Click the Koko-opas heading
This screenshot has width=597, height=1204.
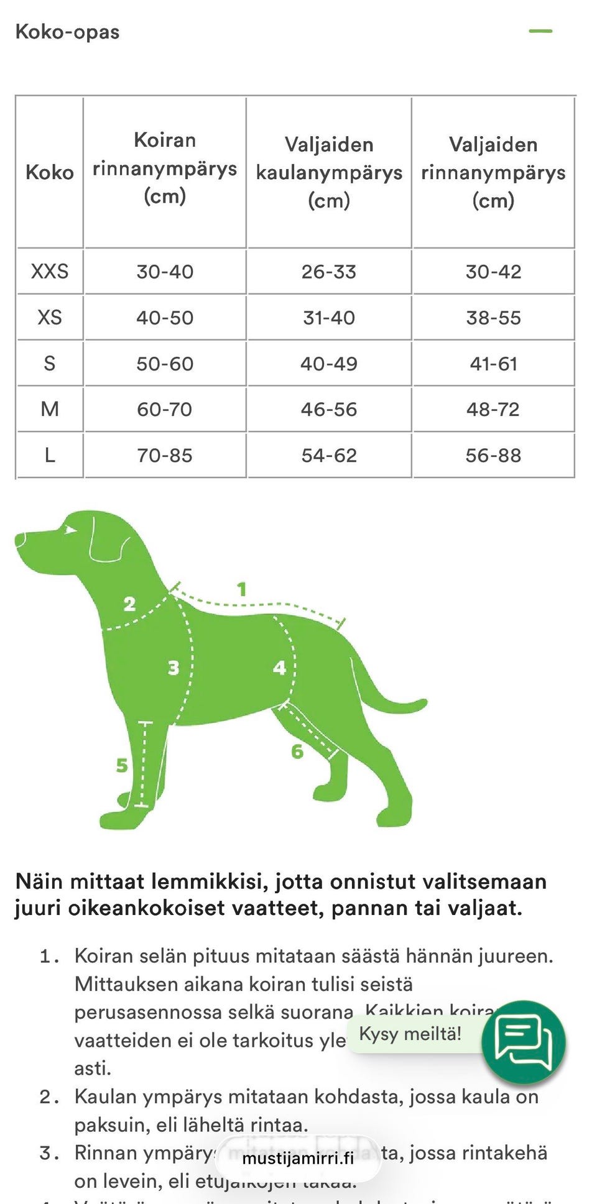click(x=67, y=32)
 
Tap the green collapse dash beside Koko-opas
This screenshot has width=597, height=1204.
click(x=540, y=31)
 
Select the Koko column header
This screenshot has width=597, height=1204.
click(x=50, y=172)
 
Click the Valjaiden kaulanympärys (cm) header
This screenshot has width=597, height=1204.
click(x=329, y=172)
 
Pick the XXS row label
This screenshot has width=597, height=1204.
click(x=50, y=272)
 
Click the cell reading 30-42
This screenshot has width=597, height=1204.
click(x=493, y=272)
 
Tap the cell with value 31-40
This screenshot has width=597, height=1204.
click(x=329, y=318)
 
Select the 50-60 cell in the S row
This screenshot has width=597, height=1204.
click(x=165, y=364)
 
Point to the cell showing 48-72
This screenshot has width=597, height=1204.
click(x=493, y=409)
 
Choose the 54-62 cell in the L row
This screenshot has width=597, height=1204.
click(x=329, y=455)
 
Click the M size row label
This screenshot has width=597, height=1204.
click(x=50, y=409)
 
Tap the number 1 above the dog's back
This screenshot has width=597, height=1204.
click(x=242, y=589)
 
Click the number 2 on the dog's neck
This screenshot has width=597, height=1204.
click(x=129, y=604)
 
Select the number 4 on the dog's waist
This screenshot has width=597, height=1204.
click(x=279, y=668)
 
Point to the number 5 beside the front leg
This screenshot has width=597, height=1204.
click(x=122, y=765)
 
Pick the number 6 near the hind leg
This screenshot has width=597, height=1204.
click(x=297, y=751)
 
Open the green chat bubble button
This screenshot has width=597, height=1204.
click(x=524, y=1042)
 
